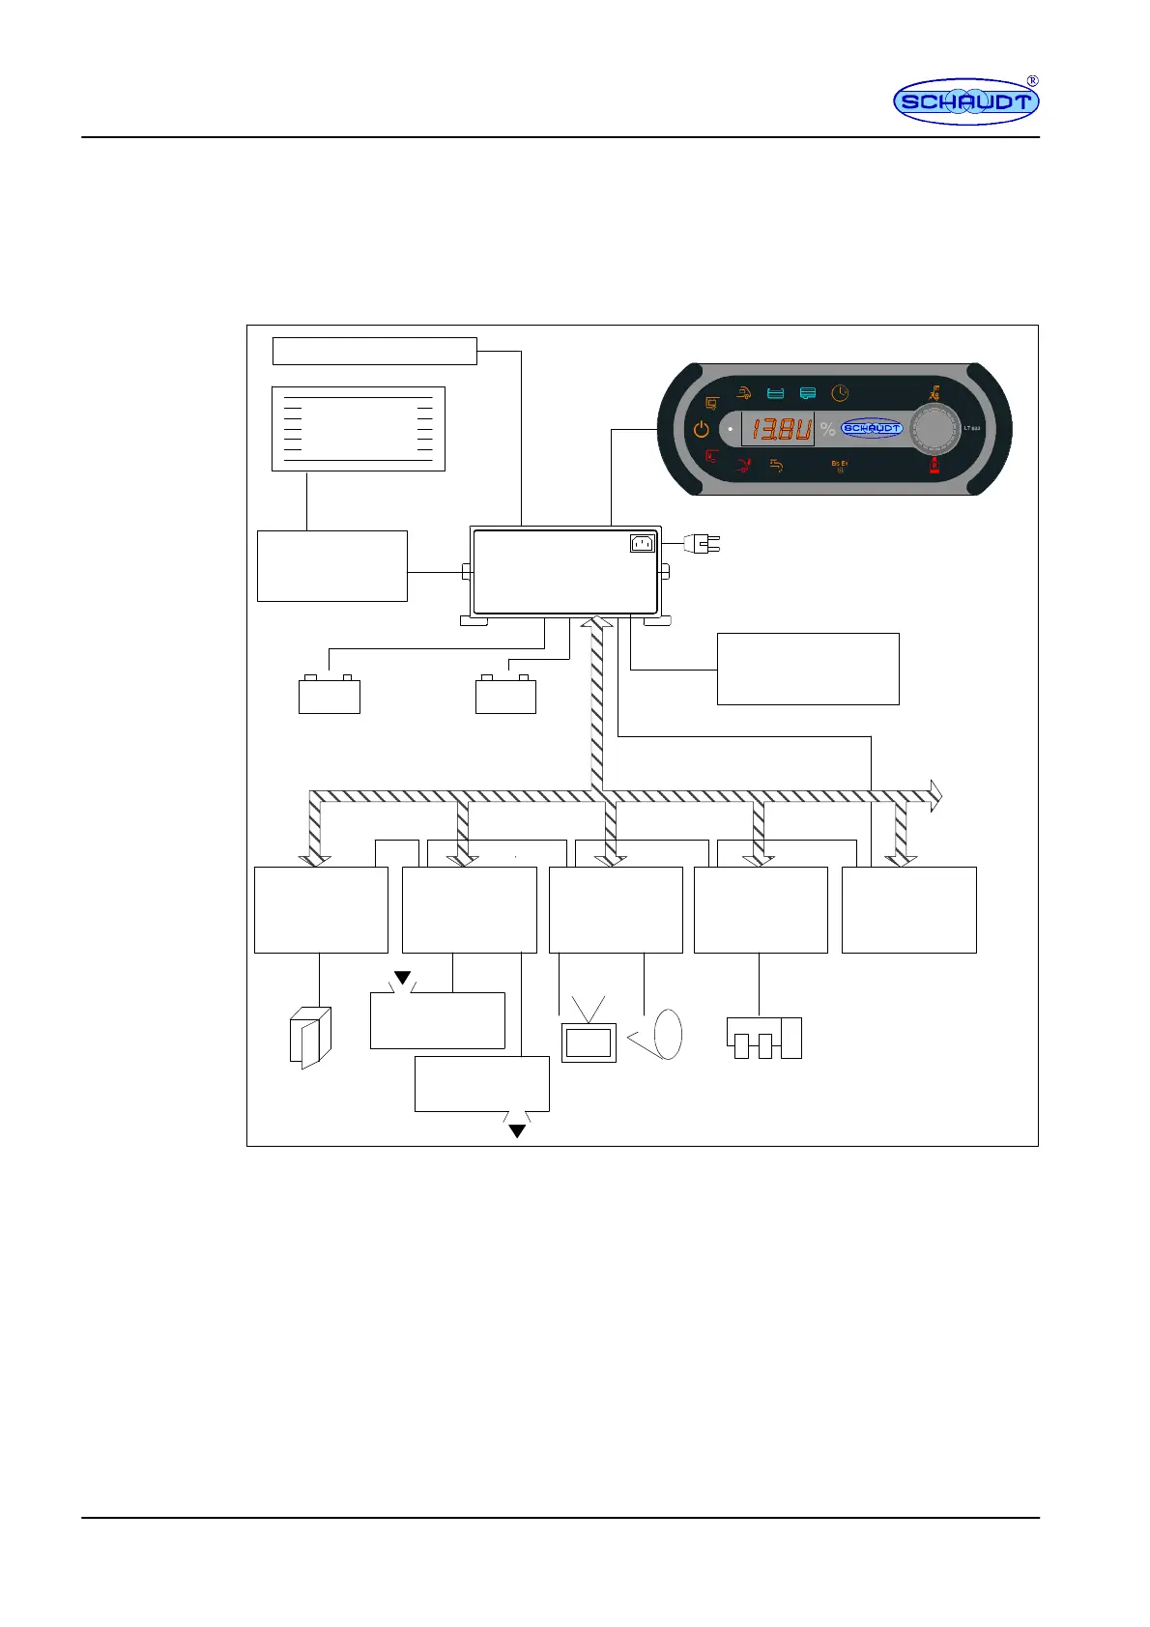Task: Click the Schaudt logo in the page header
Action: [965, 101]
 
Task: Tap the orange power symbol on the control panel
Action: [702, 429]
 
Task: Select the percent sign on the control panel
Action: [827, 429]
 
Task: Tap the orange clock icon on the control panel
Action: [840, 393]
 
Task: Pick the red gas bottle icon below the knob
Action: [934, 466]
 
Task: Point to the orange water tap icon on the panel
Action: [775, 466]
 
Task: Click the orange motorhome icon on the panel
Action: [743, 393]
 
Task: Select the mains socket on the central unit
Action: [642, 544]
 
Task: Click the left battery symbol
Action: [329, 695]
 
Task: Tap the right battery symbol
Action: [505, 695]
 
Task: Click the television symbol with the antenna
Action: [589, 1036]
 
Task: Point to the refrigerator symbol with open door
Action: [310, 1038]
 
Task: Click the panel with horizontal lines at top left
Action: [358, 429]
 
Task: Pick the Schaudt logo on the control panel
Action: [872, 428]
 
